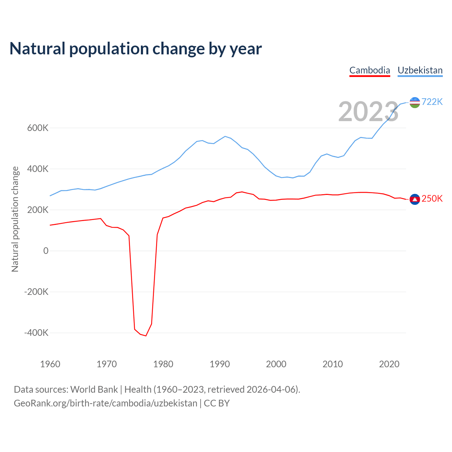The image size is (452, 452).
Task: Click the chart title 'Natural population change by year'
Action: tap(136, 49)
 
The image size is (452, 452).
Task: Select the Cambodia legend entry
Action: tap(370, 70)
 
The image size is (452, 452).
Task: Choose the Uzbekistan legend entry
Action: tap(420, 70)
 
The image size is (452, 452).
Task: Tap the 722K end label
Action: tap(432, 102)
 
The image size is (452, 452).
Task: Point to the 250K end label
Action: tap(432, 199)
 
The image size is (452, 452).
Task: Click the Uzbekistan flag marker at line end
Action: tap(415, 102)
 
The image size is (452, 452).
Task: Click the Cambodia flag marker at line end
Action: tap(415, 200)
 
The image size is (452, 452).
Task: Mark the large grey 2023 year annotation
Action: tap(368, 112)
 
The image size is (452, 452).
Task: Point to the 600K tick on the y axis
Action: tap(38, 128)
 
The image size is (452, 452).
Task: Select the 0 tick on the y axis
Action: tap(46, 251)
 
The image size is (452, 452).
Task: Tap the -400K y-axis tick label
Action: tap(36, 333)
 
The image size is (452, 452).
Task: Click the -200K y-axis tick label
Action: tap(36, 292)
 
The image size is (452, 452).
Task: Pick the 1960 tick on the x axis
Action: tap(50, 364)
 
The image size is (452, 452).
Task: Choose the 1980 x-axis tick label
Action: tap(163, 364)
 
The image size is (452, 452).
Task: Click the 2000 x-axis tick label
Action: tap(276, 364)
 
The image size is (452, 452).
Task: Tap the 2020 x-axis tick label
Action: tap(389, 364)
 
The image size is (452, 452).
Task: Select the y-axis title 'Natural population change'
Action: tap(15, 219)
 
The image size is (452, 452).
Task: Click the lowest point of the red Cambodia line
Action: tap(146, 335)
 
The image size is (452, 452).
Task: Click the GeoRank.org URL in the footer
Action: tap(106, 403)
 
